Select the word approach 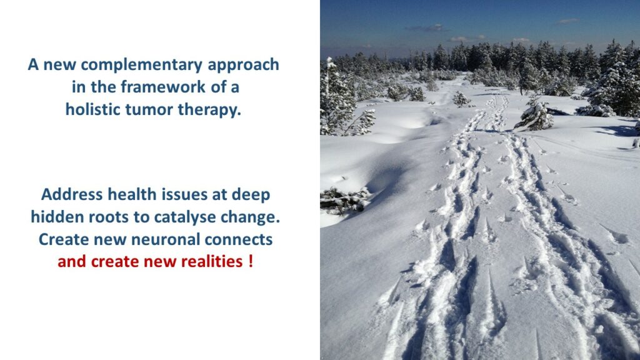(243, 65)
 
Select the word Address (72, 194)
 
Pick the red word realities (212, 261)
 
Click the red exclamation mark (251, 261)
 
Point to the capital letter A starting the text (33, 65)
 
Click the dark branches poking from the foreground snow (344, 201)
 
